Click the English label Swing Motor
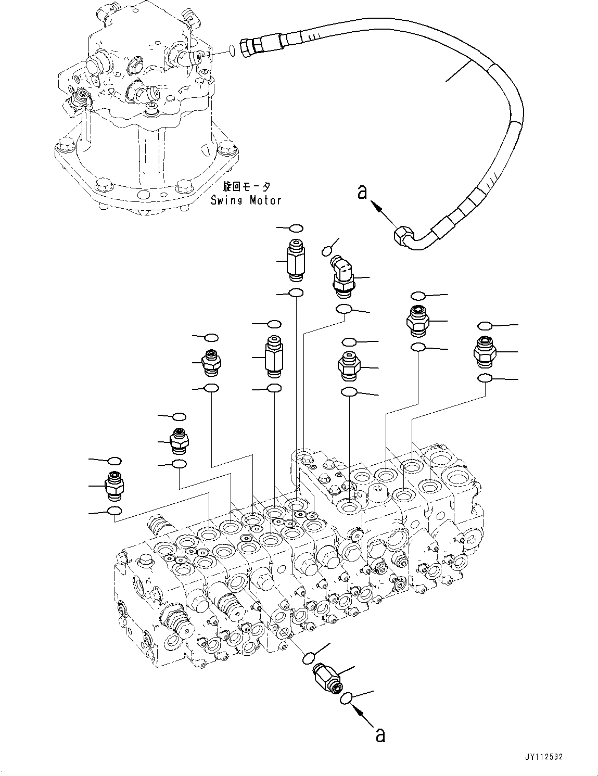coord(246,200)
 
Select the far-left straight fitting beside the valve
coord(113,485)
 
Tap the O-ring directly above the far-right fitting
coord(484,326)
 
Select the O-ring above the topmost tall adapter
coord(296,228)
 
